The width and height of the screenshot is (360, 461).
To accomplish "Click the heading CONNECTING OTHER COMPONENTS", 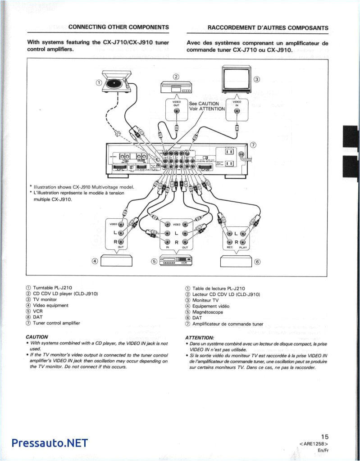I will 118,27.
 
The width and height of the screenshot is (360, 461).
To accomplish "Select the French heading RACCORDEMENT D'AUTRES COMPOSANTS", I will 268,27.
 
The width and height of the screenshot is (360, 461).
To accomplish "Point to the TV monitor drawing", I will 236,79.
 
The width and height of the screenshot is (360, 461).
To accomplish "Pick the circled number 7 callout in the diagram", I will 253,145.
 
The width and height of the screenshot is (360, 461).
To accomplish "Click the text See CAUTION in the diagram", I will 204,104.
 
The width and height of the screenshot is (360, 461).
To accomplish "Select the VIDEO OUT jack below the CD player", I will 177,111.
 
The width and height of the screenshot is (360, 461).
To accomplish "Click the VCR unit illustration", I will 177,260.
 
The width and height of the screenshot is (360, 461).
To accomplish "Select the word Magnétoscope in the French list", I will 207,312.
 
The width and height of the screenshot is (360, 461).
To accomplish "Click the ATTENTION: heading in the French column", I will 200,338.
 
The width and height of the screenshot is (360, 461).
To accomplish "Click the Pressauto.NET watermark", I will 50,443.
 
